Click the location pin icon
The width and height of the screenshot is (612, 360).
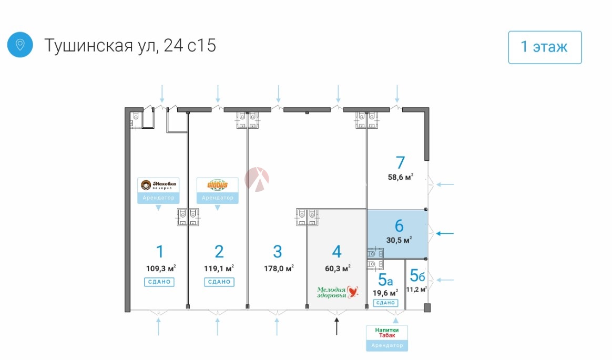pyautogui.click(x=20, y=45)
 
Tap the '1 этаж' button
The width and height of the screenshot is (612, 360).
pyautogui.click(x=545, y=47)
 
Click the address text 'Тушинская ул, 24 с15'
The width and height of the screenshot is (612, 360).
pyautogui.click(x=130, y=46)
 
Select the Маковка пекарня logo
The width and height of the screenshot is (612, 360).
pyautogui.click(x=158, y=185)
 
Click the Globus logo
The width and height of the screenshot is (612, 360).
pyautogui.click(x=218, y=186)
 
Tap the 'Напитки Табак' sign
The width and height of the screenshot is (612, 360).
pyautogui.click(x=386, y=333)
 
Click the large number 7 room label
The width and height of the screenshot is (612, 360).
pyautogui.click(x=400, y=162)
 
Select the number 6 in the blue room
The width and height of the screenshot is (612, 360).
pyautogui.click(x=399, y=226)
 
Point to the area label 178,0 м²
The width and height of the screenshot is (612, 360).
pyautogui.click(x=279, y=268)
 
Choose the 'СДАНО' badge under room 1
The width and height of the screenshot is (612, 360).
pyautogui.click(x=159, y=282)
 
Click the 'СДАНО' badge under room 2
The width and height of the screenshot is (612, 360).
pyautogui.click(x=219, y=282)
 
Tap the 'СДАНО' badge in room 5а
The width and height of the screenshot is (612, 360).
pyautogui.click(x=386, y=303)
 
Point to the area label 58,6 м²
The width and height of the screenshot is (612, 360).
pyautogui.click(x=401, y=177)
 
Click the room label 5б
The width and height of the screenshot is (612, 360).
pyautogui.click(x=417, y=275)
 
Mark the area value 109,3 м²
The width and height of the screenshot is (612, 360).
pyautogui.click(x=161, y=268)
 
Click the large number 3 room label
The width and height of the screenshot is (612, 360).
pyautogui.click(x=278, y=251)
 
